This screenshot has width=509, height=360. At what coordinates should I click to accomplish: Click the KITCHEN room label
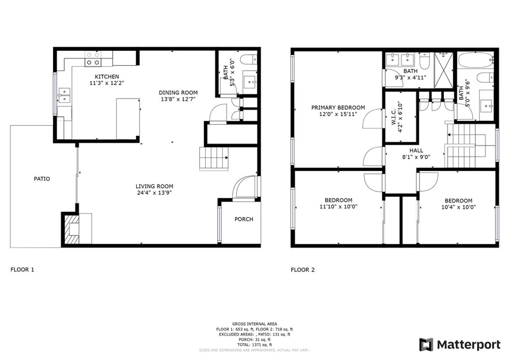(x=109, y=77)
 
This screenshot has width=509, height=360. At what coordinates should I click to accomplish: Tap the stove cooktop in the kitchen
(x=92, y=59)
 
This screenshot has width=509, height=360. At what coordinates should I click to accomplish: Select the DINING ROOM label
(x=178, y=92)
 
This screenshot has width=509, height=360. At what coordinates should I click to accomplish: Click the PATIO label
(x=42, y=179)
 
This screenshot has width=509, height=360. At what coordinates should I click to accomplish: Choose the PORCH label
(x=244, y=219)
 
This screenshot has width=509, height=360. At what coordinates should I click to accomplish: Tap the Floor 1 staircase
(x=214, y=159)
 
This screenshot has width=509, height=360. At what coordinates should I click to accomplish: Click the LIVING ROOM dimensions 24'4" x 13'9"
(x=154, y=193)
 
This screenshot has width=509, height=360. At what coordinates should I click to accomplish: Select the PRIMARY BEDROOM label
(x=338, y=107)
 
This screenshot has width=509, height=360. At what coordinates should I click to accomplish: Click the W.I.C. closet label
(x=394, y=116)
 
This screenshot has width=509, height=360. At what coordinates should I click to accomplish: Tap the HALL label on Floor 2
(x=416, y=151)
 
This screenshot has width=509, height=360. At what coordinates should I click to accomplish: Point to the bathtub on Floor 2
(x=476, y=60)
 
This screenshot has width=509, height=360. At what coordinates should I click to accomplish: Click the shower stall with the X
(x=443, y=70)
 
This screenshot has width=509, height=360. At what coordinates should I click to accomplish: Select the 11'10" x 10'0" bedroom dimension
(x=339, y=207)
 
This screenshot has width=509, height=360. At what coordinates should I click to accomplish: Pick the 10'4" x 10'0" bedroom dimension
(x=459, y=207)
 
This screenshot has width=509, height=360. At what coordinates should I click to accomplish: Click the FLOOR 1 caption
(x=22, y=270)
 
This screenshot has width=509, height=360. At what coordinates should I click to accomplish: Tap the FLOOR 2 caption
(x=303, y=270)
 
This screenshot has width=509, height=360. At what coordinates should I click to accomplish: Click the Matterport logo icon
(x=426, y=345)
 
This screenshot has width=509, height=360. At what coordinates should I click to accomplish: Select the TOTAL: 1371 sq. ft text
(x=254, y=345)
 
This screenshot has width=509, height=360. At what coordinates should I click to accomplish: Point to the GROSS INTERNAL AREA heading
(x=254, y=324)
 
